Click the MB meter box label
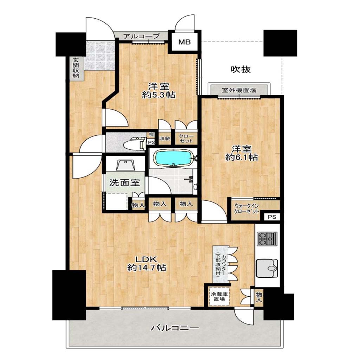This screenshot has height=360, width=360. [x=185, y=42]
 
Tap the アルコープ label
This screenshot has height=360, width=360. [x=141, y=36]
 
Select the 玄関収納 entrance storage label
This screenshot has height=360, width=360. [x=76, y=68]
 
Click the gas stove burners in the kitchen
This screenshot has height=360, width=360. [x=268, y=239]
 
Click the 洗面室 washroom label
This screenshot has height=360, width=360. [x=124, y=182]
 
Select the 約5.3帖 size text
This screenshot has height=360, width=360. [x=159, y=95]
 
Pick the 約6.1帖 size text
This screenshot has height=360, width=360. [x=241, y=157]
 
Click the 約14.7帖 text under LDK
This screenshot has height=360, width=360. [x=147, y=268]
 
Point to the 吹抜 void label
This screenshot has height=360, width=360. [x=240, y=69]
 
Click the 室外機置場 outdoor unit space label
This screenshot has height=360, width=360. [x=239, y=90]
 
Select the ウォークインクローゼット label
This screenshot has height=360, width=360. [x=246, y=209]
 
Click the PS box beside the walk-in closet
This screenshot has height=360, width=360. [x=272, y=217]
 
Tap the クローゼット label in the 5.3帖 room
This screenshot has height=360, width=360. [x=186, y=139]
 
